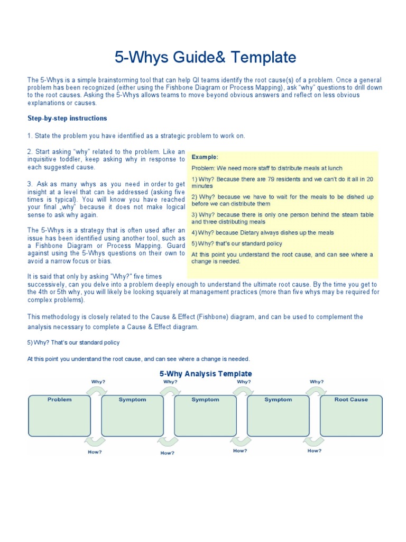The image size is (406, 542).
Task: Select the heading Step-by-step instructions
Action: coord(67,118)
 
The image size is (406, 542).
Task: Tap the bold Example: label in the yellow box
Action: coord(205,157)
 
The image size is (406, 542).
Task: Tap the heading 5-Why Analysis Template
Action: coord(206,374)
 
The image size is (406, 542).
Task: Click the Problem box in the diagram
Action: coord(60,414)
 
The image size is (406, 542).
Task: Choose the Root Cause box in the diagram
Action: coord(351,414)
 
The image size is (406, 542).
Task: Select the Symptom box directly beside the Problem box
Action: coord(132,414)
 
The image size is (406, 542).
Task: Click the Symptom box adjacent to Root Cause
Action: coord(278,414)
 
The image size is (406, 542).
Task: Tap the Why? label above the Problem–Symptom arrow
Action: coord(98,382)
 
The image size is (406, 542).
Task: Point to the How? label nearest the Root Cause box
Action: coord(315,451)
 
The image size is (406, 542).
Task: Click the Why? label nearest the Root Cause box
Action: coord(317,382)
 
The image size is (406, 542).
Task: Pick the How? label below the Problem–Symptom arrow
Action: coord(95,452)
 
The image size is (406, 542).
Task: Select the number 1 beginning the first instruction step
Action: coord(29,136)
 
